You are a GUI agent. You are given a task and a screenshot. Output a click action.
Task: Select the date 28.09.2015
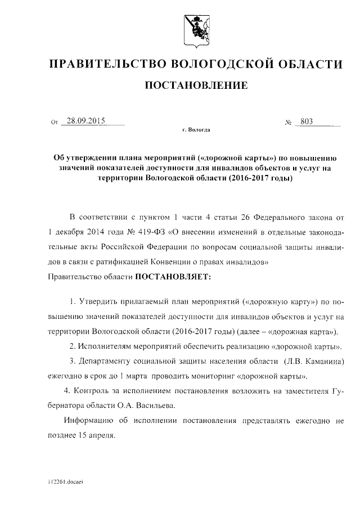pos(86,120)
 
